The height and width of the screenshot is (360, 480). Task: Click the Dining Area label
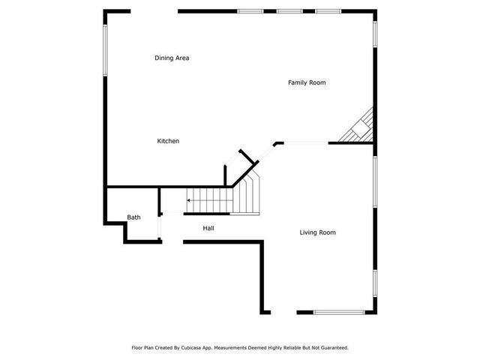click(x=171, y=58)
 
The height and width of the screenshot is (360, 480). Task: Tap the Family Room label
click(x=307, y=82)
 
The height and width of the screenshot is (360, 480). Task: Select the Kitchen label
click(x=168, y=141)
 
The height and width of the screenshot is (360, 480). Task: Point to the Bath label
click(x=133, y=217)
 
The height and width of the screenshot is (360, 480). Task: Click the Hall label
click(x=208, y=228)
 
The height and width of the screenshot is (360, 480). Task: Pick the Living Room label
click(x=317, y=232)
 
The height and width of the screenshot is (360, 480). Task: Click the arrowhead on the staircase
click(x=189, y=200)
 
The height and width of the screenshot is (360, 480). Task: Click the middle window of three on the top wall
click(x=289, y=10)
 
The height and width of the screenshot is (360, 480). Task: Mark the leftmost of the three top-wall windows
click(x=250, y=10)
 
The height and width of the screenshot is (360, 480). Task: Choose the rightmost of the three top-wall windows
click(x=328, y=10)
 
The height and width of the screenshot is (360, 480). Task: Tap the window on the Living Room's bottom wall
click(x=339, y=312)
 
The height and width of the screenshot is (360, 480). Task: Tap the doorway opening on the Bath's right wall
click(x=160, y=225)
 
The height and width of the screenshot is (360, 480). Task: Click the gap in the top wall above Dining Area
click(x=154, y=10)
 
